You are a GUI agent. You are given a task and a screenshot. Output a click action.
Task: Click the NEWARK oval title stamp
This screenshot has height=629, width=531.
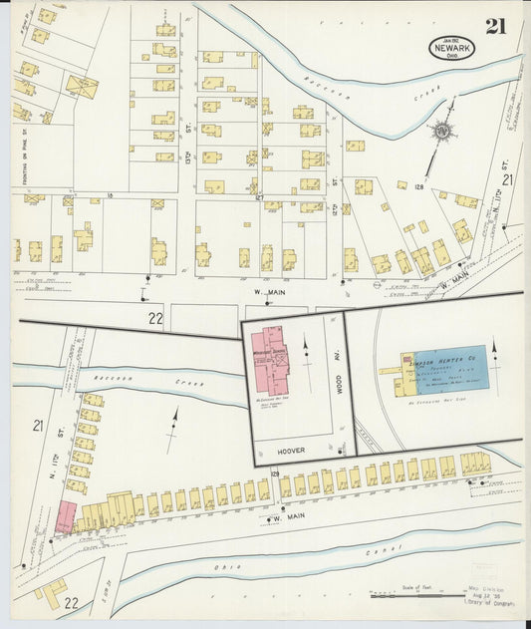click(x=451, y=47)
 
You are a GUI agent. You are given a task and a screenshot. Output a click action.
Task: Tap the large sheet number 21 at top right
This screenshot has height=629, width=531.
click(x=496, y=26)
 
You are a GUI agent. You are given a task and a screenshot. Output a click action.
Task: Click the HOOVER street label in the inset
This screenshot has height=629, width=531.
click(x=292, y=450)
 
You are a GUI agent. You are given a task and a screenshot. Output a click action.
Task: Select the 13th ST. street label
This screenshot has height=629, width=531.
click(x=187, y=156)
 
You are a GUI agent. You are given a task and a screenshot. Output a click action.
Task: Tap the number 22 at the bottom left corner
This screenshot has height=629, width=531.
click(x=70, y=603)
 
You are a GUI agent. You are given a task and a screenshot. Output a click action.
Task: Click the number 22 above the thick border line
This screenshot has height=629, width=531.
click(x=154, y=318)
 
